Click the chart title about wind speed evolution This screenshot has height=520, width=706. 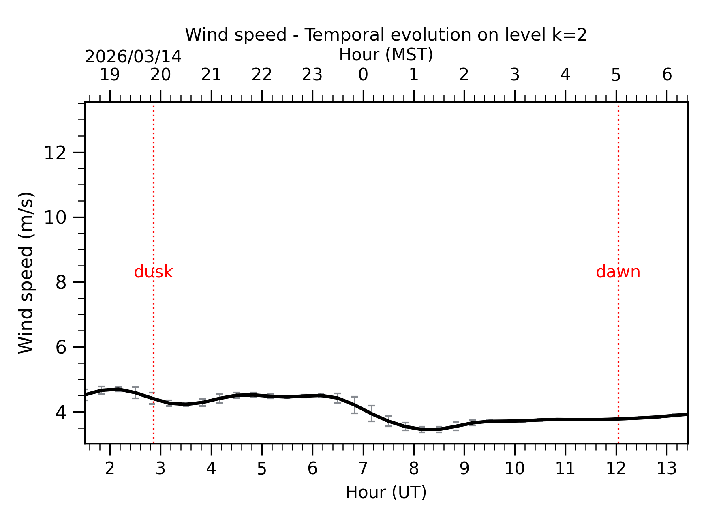coord(386,35)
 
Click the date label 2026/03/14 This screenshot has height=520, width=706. coord(133,57)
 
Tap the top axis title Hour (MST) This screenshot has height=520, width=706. coord(386,55)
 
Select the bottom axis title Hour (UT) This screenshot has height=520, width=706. coord(386,492)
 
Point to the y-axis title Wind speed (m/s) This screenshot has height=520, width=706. coord(26,273)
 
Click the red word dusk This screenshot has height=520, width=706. coord(153,272)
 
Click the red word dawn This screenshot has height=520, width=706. coord(618,272)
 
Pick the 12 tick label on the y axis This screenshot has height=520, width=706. coord(55,153)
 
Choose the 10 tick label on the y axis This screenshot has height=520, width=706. coord(55,218)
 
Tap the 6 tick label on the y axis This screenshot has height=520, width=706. coord(61,348)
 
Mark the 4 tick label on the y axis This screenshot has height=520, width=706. coord(61,413)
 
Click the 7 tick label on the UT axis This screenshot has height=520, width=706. coord(363,469)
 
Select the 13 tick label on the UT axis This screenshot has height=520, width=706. coord(667,469)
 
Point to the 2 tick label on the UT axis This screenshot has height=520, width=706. coord(110,469)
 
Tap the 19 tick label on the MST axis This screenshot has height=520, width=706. coord(110,75)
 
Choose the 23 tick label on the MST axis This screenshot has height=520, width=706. coord(312,75)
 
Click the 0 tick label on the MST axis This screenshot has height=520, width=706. coord(363,75)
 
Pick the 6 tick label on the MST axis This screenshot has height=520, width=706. coord(667,75)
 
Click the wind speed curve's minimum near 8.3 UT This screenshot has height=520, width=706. coord(430,429)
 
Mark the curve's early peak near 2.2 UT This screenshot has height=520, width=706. coord(118,389)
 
